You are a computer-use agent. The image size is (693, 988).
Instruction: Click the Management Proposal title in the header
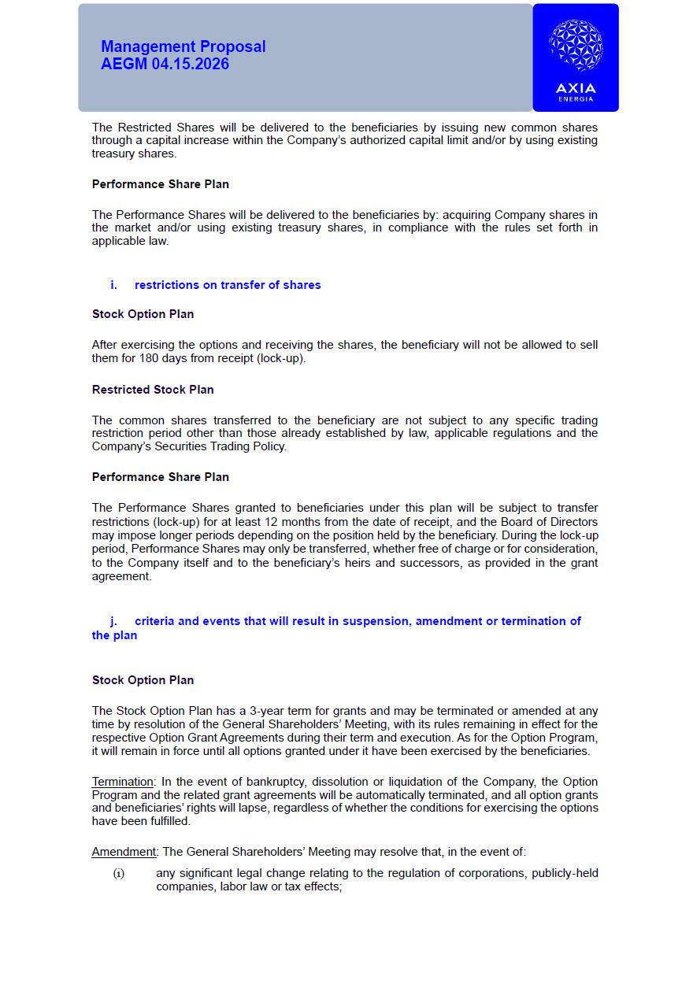[x=183, y=47]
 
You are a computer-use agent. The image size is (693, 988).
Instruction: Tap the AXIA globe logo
[x=576, y=46]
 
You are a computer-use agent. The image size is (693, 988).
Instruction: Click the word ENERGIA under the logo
[x=576, y=99]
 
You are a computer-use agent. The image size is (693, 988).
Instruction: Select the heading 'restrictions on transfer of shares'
[x=228, y=285]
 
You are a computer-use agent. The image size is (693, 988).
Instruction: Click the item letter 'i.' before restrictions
[x=113, y=285]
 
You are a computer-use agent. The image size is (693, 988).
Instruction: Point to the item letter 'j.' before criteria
[x=113, y=621]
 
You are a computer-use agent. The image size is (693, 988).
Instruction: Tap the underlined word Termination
[x=122, y=782]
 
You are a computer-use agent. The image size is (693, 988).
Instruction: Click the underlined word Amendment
[x=124, y=852]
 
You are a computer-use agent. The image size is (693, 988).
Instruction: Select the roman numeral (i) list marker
[x=119, y=873]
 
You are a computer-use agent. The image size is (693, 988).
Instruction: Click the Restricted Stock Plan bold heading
[x=153, y=390]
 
